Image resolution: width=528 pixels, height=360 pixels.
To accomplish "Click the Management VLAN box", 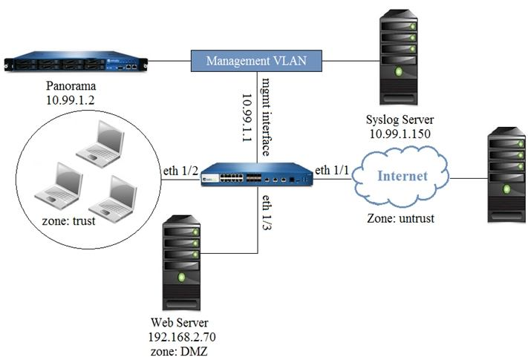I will click(x=255, y=60).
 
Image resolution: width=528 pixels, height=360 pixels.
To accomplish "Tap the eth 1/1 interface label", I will click(x=332, y=170).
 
